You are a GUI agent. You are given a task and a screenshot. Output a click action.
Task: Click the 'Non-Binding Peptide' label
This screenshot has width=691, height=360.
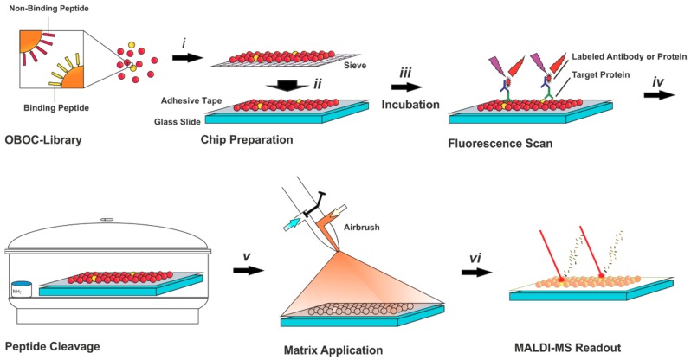(x=47, y=8)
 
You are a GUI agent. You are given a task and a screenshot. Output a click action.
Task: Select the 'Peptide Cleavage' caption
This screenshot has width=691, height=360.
(x=53, y=346)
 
